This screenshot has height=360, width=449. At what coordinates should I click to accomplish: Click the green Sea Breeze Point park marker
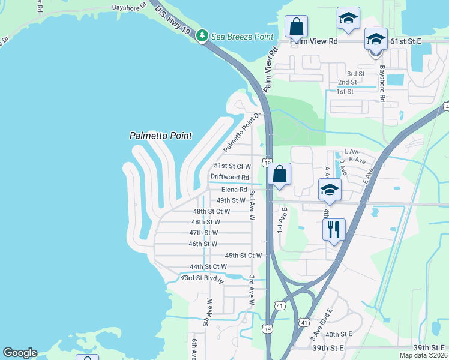click(203, 37)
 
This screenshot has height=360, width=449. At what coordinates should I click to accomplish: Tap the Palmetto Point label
click(160, 136)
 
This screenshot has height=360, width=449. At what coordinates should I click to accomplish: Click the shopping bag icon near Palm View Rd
click(296, 26)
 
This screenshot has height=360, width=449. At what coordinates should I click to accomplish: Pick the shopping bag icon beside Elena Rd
click(280, 174)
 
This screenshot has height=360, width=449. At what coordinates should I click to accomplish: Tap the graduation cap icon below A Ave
click(330, 190)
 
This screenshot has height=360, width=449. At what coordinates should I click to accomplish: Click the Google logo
click(20, 353)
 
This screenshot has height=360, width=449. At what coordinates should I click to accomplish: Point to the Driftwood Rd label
click(229, 177)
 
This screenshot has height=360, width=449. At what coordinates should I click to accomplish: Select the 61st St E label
click(406, 41)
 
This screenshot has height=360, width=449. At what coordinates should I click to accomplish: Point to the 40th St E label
click(338, 334)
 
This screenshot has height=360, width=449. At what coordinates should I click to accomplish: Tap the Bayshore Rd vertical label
click(381, 83)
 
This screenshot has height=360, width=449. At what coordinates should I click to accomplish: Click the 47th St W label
click(203, 232)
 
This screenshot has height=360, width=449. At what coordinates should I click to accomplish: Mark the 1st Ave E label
click(279, 220)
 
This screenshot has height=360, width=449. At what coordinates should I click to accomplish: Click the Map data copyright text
click(423, 355)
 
